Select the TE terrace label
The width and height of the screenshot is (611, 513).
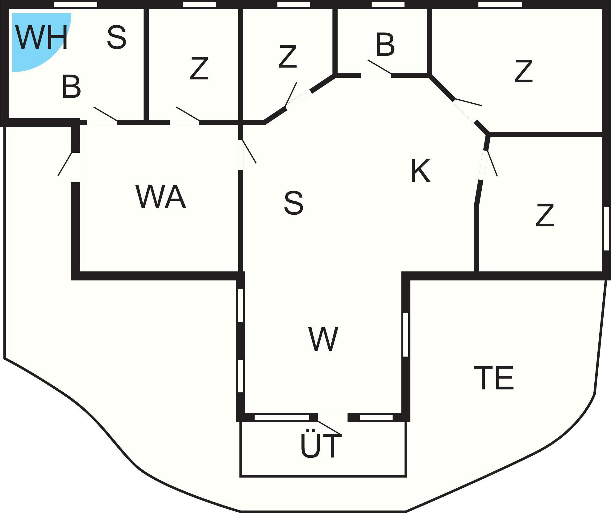(494, 378)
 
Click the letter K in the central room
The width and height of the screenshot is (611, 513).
(420, 171)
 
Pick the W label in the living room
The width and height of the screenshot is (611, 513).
(323, 339)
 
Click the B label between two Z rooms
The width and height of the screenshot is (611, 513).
(385, 45)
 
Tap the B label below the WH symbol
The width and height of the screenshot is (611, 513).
(71, 87)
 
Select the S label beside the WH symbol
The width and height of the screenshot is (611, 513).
(117, 38)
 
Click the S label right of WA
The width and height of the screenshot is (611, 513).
(293, 203)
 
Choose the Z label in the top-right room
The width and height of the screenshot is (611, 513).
(523, 71)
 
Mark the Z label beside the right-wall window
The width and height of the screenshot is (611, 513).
(545, 215)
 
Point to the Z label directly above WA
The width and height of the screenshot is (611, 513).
(199, 68)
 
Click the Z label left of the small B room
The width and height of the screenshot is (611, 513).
(288, 56)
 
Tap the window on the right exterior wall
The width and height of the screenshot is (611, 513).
(606, 229)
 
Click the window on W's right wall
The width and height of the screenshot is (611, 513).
(406, 335)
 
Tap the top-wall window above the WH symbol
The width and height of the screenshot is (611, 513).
(75, 5)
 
